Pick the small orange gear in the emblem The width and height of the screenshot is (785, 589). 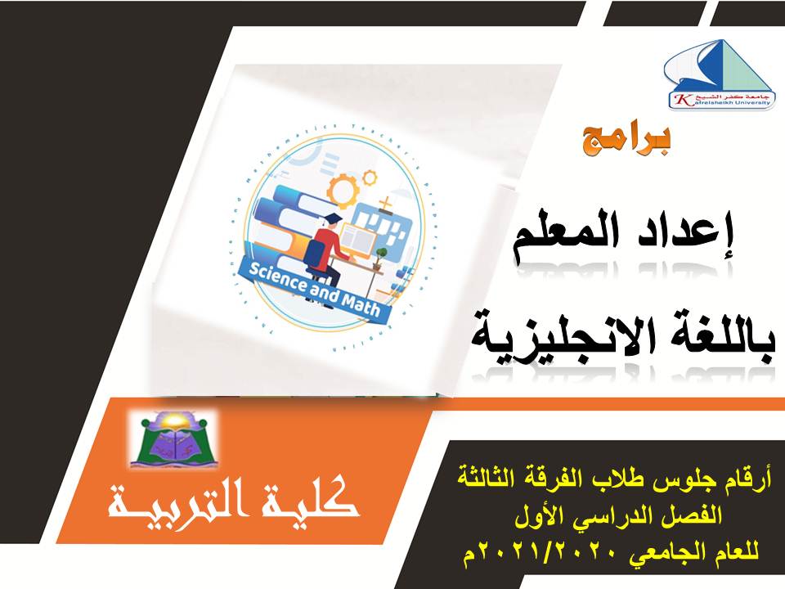point(370,176)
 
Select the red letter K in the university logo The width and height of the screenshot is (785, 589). point(678,100)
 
